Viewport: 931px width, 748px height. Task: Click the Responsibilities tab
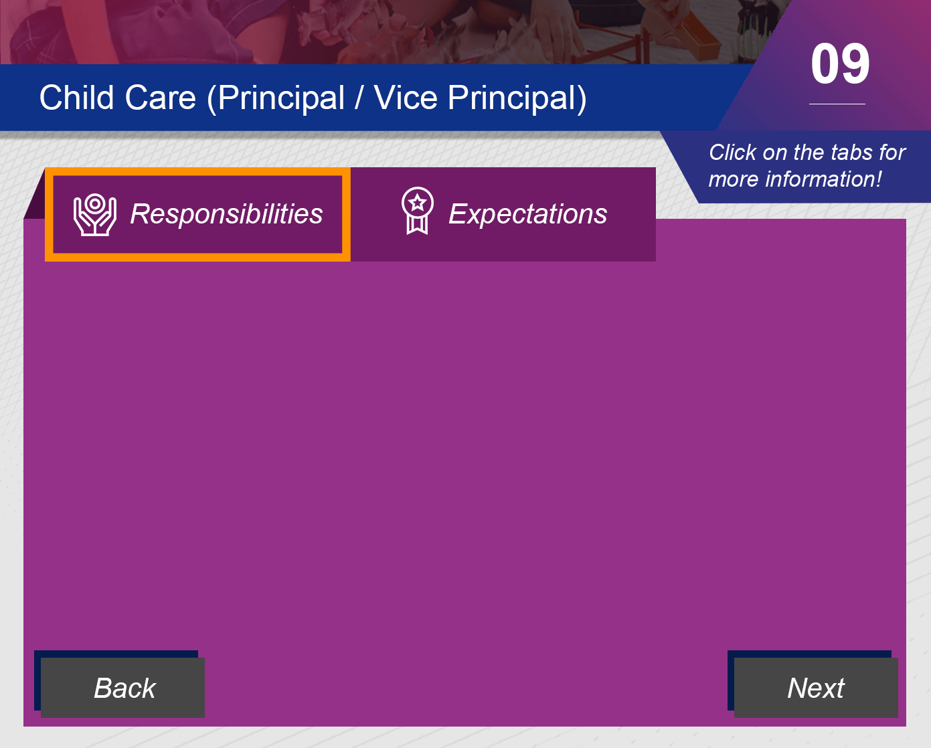[197, 214]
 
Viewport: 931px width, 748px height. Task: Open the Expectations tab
[503, 214]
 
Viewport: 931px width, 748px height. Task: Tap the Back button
[123, 687]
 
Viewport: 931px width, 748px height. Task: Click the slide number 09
[840, 64]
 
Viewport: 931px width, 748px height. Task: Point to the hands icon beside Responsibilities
[95, 215]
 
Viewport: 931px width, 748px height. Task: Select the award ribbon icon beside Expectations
[417, 211]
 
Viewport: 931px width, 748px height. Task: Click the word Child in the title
[76, 97]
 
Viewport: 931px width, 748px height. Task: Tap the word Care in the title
[161, 97]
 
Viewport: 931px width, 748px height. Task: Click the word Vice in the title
[406, 97]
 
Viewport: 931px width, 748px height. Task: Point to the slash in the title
[358, 98]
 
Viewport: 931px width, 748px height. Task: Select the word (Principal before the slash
[276, 98]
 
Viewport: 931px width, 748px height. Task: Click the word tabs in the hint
[850, 153]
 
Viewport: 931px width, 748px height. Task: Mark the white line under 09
[837, 104]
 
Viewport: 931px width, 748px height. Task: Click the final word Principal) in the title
[517, 98]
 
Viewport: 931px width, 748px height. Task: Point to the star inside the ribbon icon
[418, 202]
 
